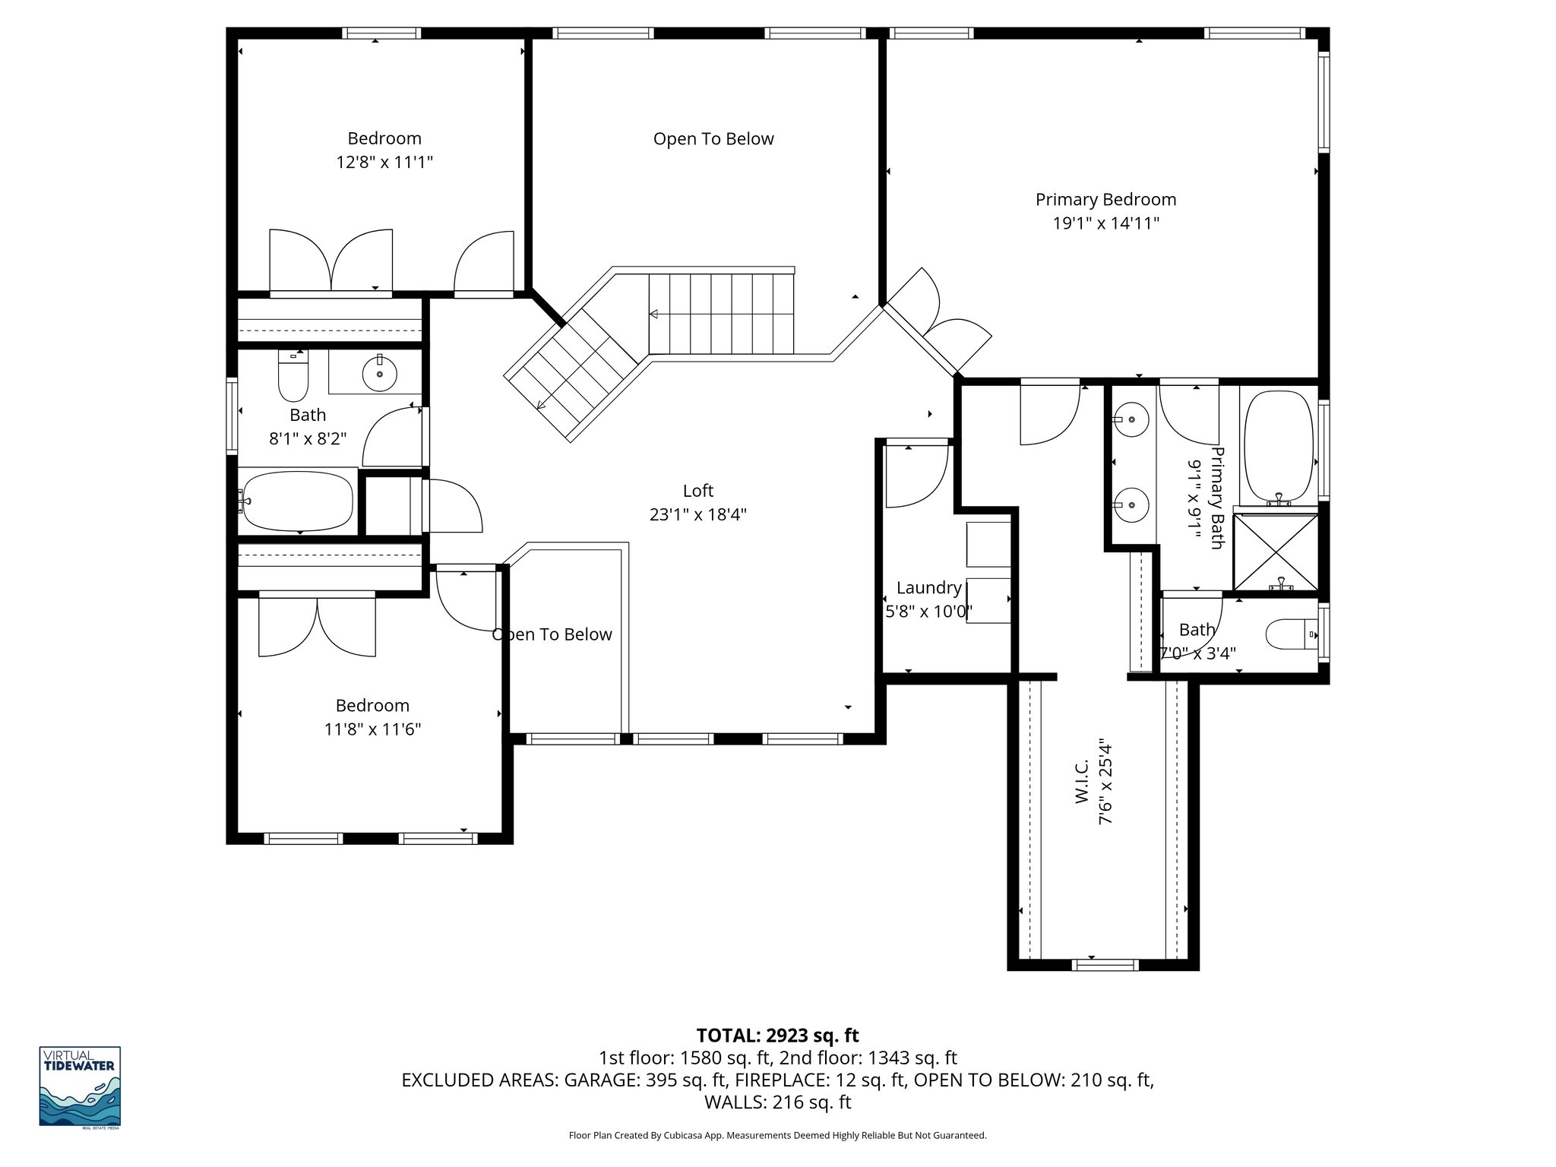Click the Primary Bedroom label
click(x=1105, y=200)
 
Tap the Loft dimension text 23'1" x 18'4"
click(x=697, y=514)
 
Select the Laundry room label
click(x=928, y=587)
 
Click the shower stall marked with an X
click(x=1276, y=552)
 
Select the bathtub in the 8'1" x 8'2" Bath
click(x=297, y=502)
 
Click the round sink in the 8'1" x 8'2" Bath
click(x=379, y=373)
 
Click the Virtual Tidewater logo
click(x=80, y=1086)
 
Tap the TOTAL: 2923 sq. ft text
click(x=777, y=1036)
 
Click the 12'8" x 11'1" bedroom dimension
click(x=384, y=163)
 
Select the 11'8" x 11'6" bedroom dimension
click(x=372, y=729)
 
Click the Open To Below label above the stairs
click(x=713, y=139)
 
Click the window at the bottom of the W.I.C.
click(x=1105, y=965)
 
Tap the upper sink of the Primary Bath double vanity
click(x=1132, y=419)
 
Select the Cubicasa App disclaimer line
click(x=777, y=1136)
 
